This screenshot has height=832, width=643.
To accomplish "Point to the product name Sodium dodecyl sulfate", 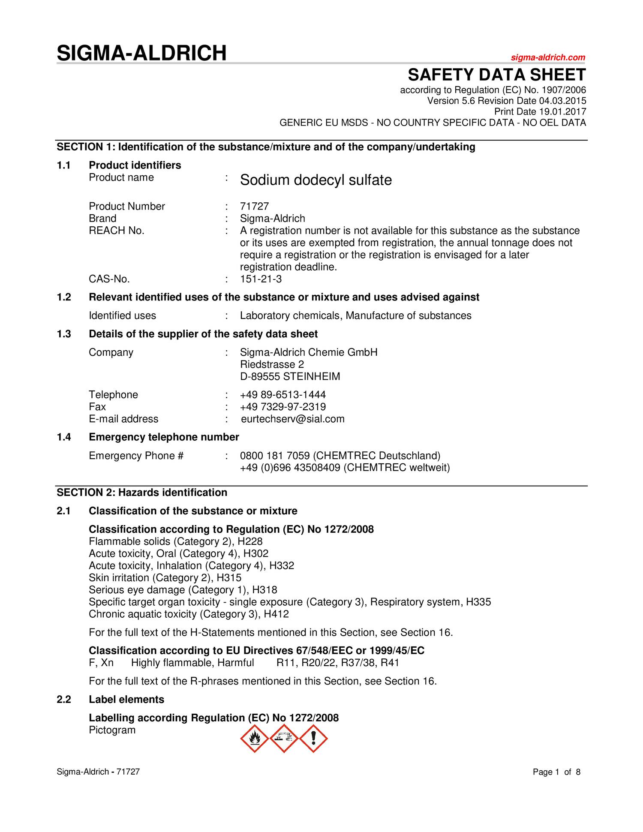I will point(316,180).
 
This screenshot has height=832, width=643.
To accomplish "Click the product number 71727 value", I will point(254,207).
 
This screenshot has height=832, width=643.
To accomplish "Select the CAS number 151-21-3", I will point(261,279).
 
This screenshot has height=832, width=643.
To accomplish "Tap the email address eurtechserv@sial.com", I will point(293,419).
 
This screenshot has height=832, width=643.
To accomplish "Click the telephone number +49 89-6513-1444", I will point(283,395).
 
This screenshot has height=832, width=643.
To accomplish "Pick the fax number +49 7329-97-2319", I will point(283,407).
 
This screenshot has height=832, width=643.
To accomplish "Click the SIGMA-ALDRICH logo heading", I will point(142,53).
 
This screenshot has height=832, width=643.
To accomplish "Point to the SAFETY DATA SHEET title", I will point(496,75).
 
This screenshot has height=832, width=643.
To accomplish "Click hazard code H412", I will point(276,614).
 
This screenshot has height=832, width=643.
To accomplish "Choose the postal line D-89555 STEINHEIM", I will point(290,377).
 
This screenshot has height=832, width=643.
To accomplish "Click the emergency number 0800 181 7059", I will point(275,456).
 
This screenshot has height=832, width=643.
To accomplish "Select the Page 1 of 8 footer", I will point(556,772).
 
